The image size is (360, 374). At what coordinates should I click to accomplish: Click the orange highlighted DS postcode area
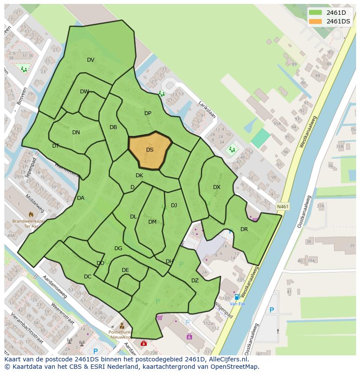click(x=150, y=150)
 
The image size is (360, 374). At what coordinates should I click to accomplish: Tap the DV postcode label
click(x=90, y=60)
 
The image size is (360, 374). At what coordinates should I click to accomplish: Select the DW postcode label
click(x=84, y=92)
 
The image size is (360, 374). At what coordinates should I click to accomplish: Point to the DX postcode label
click(x=217, y=187)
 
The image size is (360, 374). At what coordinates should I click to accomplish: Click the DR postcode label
click(x=244, y=229)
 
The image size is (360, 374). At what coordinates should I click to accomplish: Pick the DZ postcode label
click(x=195, y=281)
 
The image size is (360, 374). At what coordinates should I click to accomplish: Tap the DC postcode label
click(x=88, y=277)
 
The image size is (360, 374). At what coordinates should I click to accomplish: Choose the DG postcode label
click(x=118, y=248)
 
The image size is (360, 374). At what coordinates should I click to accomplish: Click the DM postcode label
click(x=152, y=222)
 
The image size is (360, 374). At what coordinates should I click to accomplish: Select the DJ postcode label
click(x=174, y=205)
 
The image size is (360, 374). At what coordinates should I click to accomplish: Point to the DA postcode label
click(x=80, y=198)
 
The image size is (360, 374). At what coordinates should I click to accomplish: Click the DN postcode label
click(x=76, y=132)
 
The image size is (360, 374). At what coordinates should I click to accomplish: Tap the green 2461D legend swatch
click(x=316, y=13)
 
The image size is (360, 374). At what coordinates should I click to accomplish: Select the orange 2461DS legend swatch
click(x=316, y=21)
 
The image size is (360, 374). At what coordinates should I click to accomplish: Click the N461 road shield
click(x=282, y=207)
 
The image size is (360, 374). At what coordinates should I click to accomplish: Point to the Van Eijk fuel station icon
click(x=237, y=297)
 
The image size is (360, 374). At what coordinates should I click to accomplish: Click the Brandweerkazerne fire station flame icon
click(x=31, y=214)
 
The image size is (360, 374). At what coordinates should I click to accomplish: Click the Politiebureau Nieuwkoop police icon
click(x=122, y=326)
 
